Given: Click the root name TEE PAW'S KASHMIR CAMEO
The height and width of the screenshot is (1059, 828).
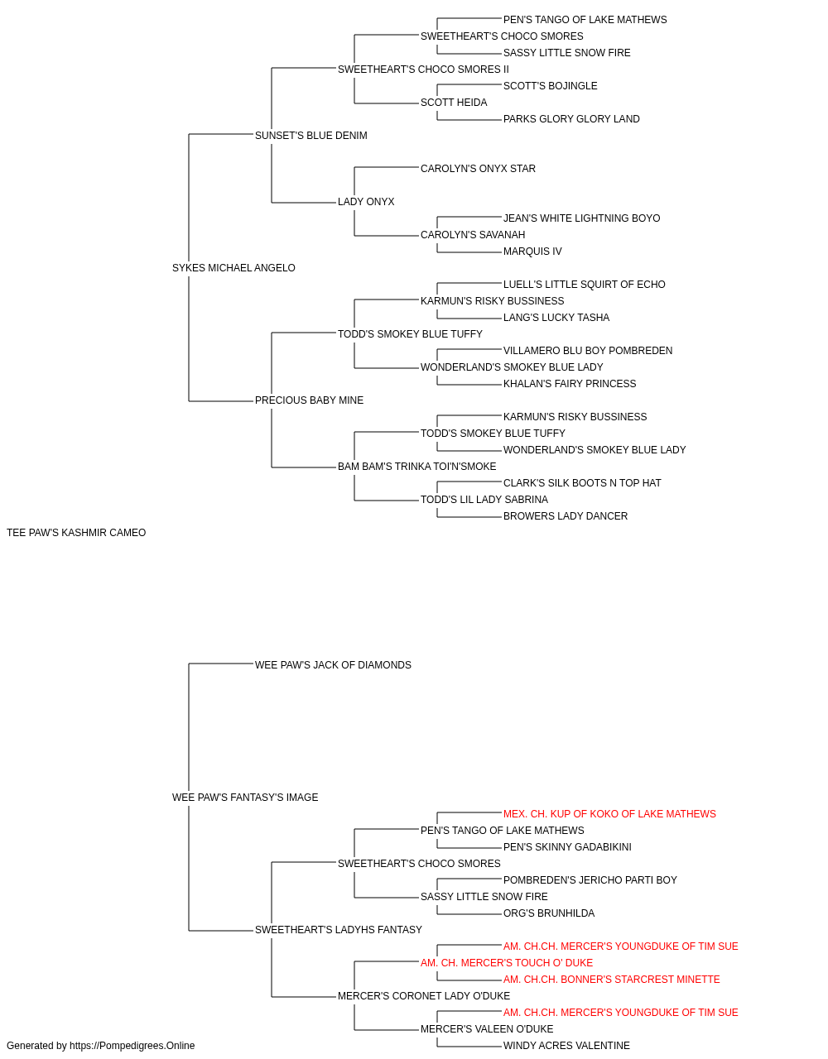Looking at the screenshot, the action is coord(76,533).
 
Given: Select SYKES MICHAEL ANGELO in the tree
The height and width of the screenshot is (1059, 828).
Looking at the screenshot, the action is coord(233,268).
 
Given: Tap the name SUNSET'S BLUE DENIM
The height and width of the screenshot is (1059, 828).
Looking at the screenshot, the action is coord(311,136).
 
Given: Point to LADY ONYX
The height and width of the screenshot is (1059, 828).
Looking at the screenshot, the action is coord(366,202).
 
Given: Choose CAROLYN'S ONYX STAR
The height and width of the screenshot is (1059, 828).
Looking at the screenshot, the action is coord(478,169).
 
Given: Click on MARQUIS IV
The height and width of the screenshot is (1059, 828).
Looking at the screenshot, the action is coord(532,252).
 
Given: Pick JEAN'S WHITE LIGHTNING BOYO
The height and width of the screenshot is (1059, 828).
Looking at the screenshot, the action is coord(582,218).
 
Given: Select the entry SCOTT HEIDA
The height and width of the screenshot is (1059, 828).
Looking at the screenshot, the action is coord(454,103).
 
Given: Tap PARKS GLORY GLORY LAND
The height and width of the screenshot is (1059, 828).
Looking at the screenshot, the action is coord(571,119).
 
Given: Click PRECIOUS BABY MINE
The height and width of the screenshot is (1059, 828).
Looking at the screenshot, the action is coord(309,400).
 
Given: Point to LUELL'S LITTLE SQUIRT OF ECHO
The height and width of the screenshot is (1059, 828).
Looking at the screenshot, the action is coord(585,285).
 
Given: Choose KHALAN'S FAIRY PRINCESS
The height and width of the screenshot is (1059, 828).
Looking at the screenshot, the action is coord(570,384).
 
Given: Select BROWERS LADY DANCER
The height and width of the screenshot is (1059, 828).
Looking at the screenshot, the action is coord(566,516).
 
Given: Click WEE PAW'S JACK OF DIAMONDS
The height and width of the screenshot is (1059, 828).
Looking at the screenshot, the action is coord(333,665).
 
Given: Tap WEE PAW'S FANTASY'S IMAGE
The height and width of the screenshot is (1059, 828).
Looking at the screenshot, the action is coord(245,798).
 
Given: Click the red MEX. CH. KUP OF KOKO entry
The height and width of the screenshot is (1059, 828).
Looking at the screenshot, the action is coord(609,814).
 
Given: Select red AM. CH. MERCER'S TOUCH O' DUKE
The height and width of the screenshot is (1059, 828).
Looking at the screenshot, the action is coord(507,963).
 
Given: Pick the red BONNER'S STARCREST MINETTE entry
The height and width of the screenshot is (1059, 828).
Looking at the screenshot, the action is coord(612,980).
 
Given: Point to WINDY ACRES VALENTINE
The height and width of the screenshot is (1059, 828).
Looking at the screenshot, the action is coord(566,1046).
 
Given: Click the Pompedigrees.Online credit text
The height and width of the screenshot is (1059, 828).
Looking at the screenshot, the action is coord(100,1046).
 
